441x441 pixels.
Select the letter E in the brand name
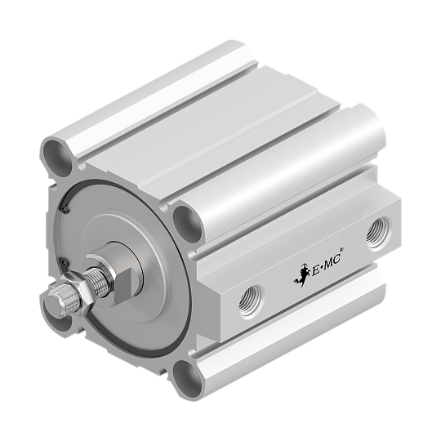tap(311, 269)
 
